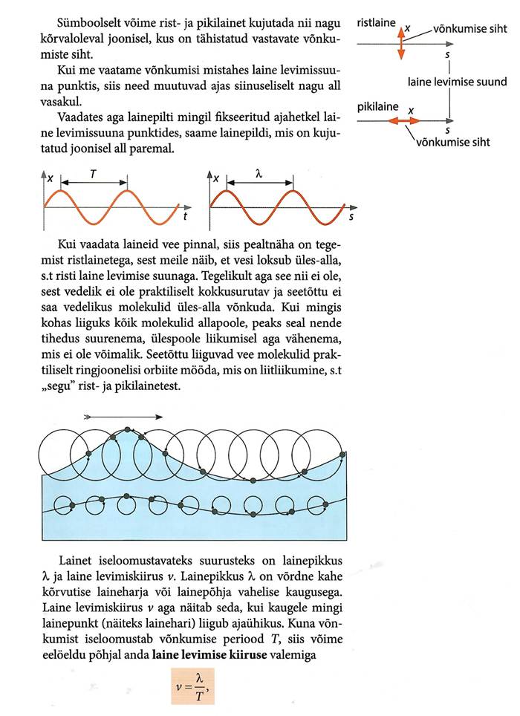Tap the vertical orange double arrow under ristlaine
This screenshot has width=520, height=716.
pyautogui.click(x=401, y=42)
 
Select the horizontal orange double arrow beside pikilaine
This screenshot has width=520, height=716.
pyautogui.click(x=407, y=120)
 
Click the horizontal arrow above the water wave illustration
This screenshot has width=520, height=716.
pyautogui.click(x=123, y=417)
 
